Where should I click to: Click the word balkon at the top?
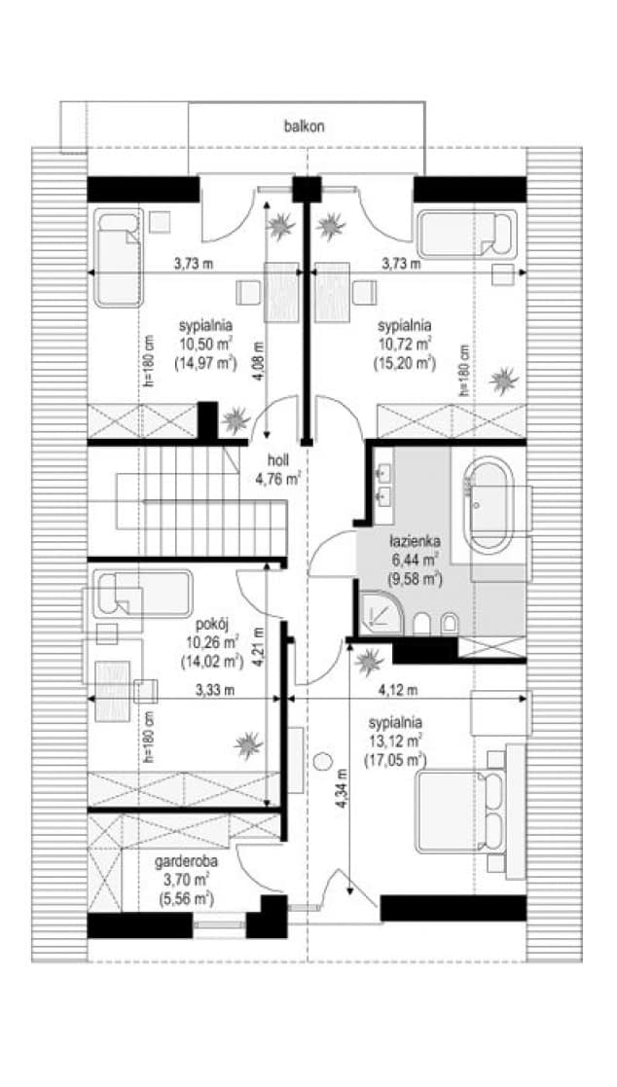[x=305, y=127]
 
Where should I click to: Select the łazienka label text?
[x=415, y=541]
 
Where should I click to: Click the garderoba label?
[x=184, y=863]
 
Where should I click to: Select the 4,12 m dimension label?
[x=398, y=691]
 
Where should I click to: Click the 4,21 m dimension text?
[x=259, y=647]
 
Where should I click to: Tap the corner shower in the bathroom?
[x=380, y=613]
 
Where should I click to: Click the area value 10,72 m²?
[x=406, y=343]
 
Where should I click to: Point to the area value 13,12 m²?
[x=397, y=742]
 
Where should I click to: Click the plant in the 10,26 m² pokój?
[x=248, y=745]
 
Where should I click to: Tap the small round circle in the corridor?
[x=322, y=761]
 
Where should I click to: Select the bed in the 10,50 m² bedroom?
[x=118, y=257]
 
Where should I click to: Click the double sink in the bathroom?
[x=383, y=484]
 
